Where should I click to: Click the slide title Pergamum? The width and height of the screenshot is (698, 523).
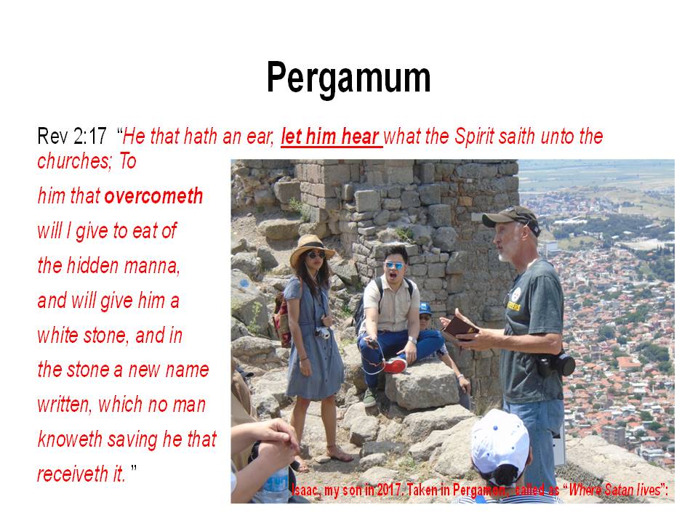[x=348, y=78]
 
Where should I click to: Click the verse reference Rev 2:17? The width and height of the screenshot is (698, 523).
[x=72, y=136]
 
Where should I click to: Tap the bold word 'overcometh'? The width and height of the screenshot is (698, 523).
[x=153, y=196]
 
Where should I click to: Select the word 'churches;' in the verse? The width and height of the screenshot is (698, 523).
[x=75, y=161]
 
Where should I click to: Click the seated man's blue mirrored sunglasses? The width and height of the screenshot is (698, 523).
[x=394, y=265]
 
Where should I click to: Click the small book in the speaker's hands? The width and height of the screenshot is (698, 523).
[x=460, y=328]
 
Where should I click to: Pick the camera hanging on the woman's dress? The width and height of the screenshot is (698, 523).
[x=323, y=332]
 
